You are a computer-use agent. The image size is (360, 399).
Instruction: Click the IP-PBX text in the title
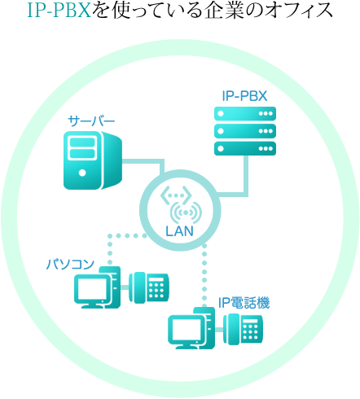pos(59,11)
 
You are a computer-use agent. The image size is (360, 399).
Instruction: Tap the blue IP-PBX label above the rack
pos(244,96)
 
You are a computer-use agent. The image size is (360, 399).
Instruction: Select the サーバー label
pos(91,121)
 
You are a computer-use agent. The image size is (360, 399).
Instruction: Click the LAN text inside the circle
pos(179,231)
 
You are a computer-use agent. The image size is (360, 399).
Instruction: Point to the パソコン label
pos(70,264)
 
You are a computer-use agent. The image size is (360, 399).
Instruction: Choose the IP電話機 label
pos(244,303)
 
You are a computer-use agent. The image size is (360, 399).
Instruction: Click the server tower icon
pos(93,160)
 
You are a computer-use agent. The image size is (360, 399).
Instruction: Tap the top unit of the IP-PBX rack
pos(245,113)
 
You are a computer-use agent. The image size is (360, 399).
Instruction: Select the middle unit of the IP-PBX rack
pos(245,131)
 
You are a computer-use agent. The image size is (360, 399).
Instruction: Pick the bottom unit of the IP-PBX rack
pos(245,149)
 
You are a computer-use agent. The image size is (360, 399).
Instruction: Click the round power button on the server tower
pos(82,173)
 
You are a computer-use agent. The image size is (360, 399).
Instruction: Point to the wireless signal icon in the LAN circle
pos(186,213)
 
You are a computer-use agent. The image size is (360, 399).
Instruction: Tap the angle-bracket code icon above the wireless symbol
pos(176,195)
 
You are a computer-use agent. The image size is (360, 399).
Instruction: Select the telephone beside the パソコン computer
pos(149,287)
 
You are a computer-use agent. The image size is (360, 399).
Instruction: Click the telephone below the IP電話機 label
pos(243,330)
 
